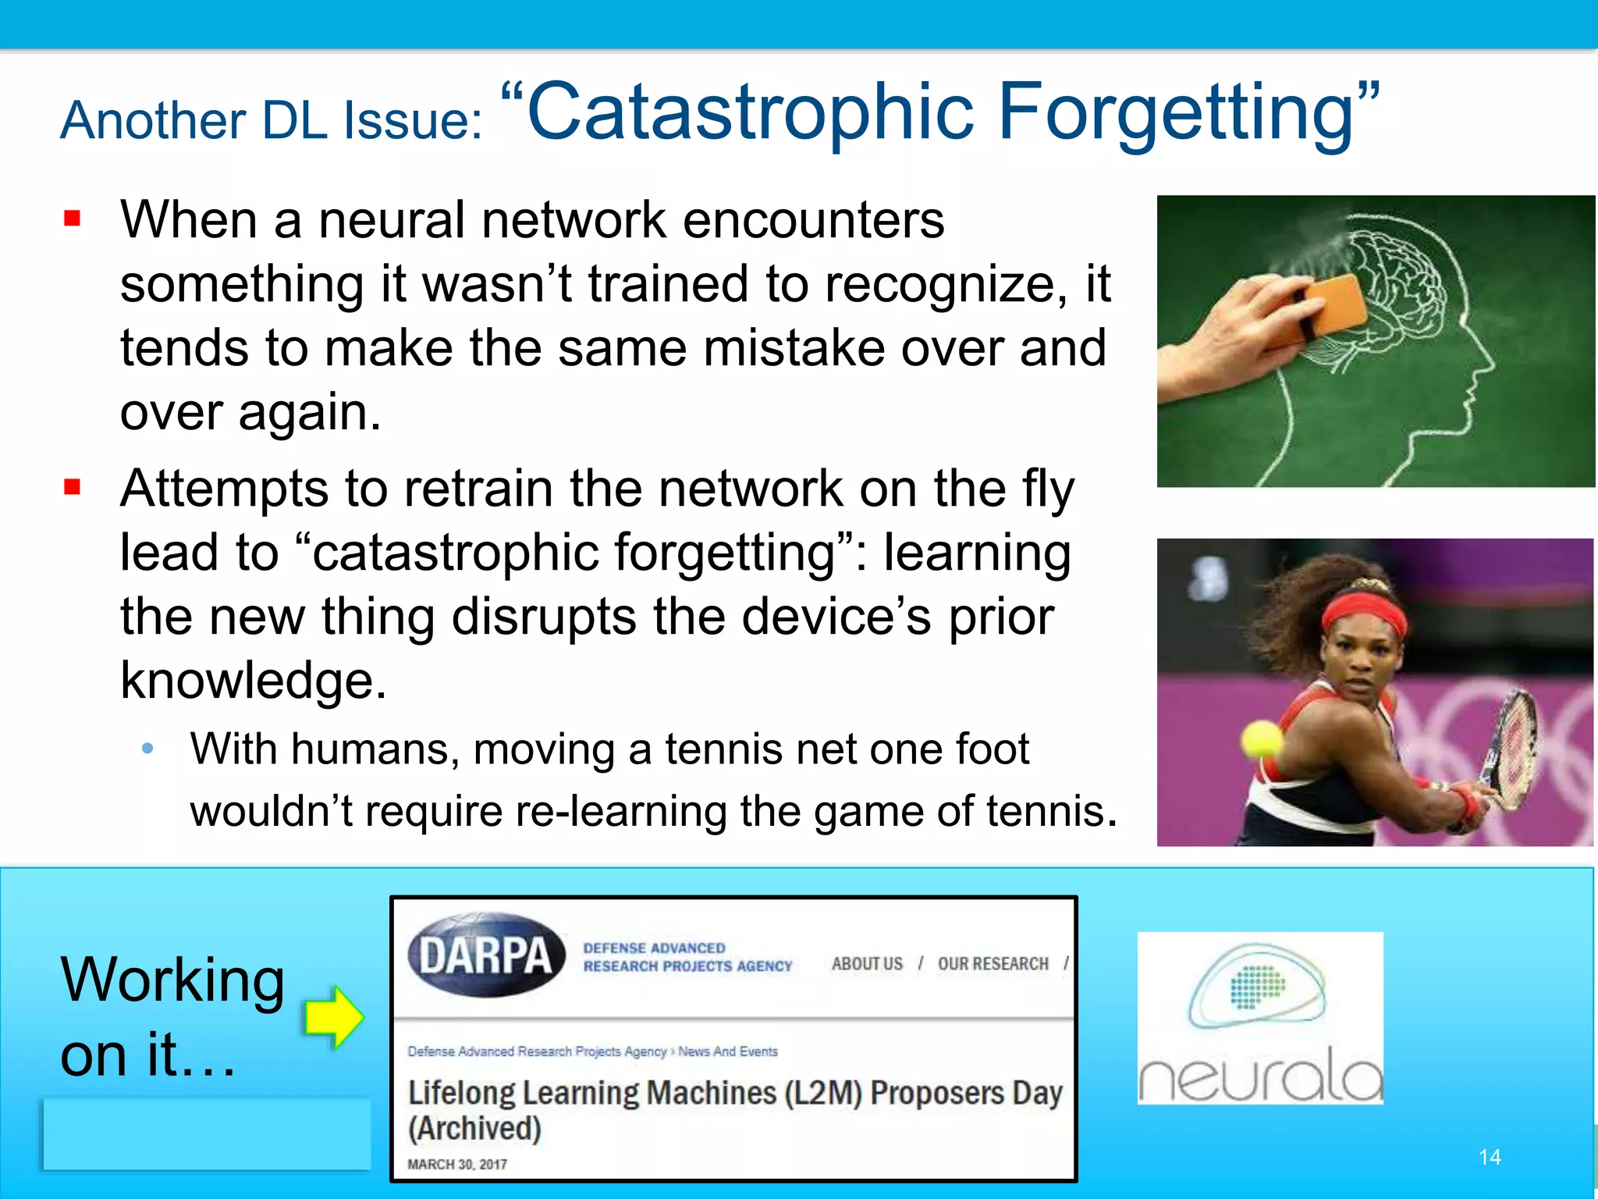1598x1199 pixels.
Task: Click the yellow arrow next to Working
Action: (x=334, y=1017)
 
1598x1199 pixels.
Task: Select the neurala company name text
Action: (x=1259, y=1078)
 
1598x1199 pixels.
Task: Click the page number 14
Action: (x=1490, y=1157)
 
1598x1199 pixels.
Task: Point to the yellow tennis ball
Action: (x=1261, y=739)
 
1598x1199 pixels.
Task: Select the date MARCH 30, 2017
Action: (x=457, y=1164)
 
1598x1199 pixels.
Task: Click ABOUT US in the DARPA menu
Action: (x=867, y=964)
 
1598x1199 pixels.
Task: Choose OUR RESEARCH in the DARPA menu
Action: (x=993, y=964)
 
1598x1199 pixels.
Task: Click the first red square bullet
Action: (x=73, y=219)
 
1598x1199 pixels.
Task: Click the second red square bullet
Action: (x=73, y=488)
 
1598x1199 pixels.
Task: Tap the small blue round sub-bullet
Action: (x=147, y=749)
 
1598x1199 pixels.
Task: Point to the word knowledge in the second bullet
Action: (x=253, y=681)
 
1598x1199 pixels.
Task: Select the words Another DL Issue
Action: (x=272, y=121)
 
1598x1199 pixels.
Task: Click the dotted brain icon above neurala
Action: (x=1257, y=987)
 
